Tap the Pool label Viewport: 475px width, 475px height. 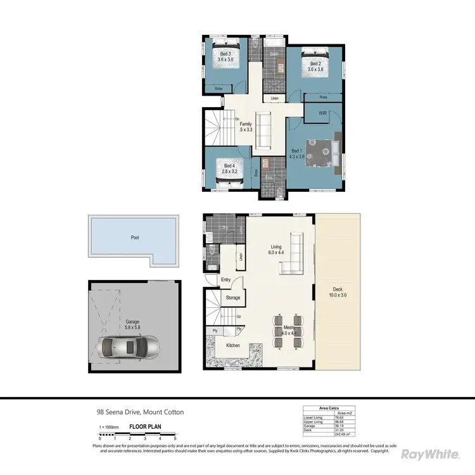134,238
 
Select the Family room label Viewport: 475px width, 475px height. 246,127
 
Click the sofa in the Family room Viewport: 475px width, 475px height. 262,126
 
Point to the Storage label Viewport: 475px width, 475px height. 232,298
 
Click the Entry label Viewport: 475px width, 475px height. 226,279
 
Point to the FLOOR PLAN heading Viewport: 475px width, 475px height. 144,427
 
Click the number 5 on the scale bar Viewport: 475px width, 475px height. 175,438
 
